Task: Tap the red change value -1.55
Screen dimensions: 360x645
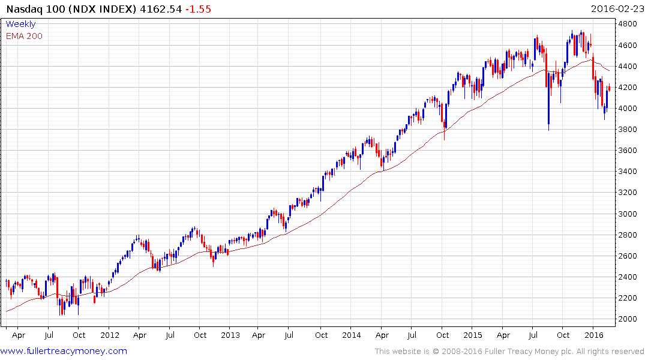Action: click(x=199, y=9)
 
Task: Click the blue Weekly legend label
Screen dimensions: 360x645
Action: click(x=20, y=25)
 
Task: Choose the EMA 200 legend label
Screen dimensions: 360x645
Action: click(x=24, y=36)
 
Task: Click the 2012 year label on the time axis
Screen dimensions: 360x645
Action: click(x=109, y=335)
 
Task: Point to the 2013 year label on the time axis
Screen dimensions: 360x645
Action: click(x=230, y=335)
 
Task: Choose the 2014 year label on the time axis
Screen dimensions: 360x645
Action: click(x=352, y=335)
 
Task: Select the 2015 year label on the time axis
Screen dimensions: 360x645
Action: click(x=472, y=335)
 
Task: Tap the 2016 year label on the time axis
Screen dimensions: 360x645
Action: click(x=593, y=335)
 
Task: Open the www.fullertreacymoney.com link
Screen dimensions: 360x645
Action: click(x=64, y=351)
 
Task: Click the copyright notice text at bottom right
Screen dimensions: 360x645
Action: click(x=509, y=351)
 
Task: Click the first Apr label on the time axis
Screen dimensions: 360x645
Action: click(x=19, y=335)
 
